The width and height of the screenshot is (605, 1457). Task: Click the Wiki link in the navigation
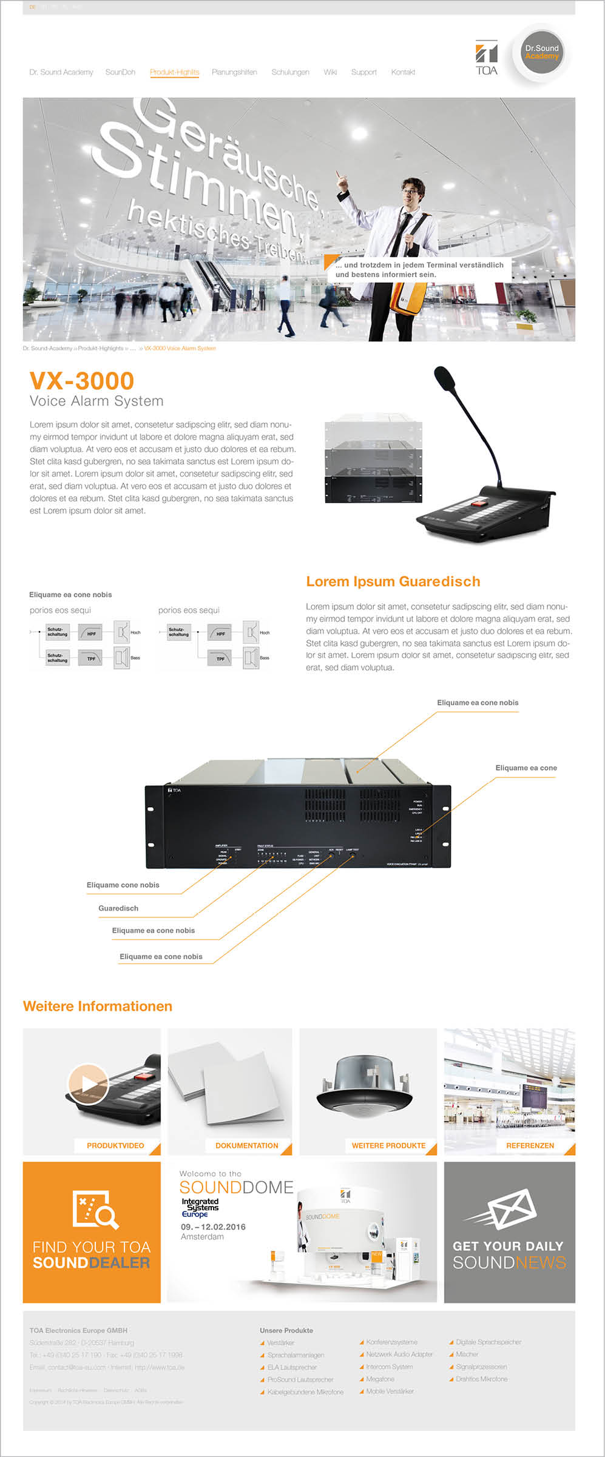pos(330,72)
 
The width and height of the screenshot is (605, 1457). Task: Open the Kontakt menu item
pos(403,72)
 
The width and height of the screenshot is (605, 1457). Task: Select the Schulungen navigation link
pos(290,72)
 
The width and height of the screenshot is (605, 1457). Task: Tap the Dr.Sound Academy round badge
pos(542,53)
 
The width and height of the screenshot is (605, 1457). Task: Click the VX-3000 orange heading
pos(82,381)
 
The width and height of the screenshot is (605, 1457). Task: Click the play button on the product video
pos(88,1084)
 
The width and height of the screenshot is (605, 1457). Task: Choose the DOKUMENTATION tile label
pos(246,1145)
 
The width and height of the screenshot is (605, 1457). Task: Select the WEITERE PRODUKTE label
pos(388,1145)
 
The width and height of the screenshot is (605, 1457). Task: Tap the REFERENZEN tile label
pos(530,1145)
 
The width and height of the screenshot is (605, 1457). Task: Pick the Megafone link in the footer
pos(380,1379)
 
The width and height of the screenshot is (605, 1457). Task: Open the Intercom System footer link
pos(389,1367)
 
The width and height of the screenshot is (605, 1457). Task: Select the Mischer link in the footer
pos(467,1354)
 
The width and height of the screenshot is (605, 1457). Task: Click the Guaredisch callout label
pos(118,908)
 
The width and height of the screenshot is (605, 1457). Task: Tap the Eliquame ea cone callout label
pos(526,768)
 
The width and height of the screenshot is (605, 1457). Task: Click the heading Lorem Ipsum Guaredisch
pos(393,581)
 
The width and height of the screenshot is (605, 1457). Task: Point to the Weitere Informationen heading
pos(98,1006)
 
